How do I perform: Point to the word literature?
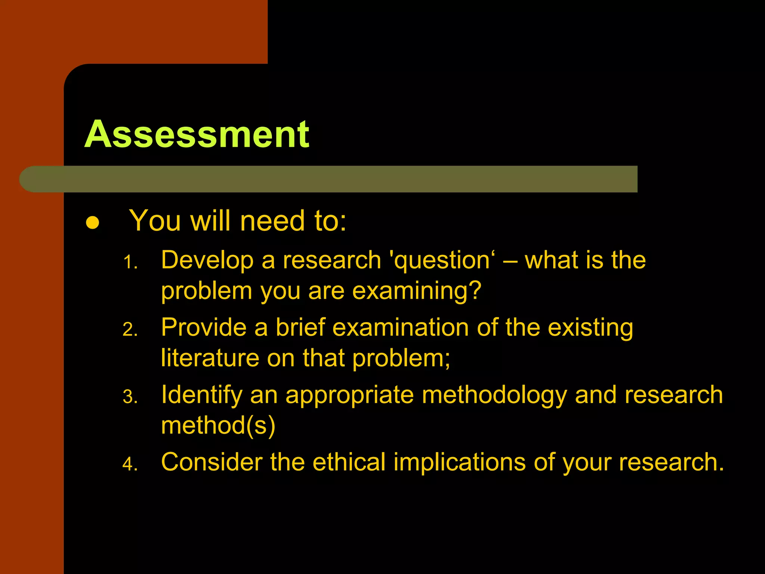click(x=210, y=358)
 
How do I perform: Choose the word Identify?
click(x=201, y=395)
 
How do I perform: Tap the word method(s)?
click(x=218, y=425)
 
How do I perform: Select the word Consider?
click(x=212, y=462)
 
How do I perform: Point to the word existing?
click(x=590, y=328)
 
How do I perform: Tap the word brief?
click(x=300, y=327)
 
